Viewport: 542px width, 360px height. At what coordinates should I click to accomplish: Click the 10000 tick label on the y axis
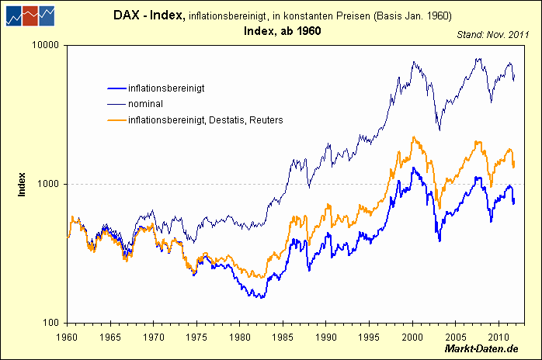(48, 45)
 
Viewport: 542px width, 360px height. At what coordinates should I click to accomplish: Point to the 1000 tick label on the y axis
(50, 184)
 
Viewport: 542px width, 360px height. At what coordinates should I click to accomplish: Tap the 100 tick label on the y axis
(53, 323)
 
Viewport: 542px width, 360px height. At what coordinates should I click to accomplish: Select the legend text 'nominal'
(146, 104)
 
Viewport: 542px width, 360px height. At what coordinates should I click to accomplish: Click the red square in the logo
(31, 15)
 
